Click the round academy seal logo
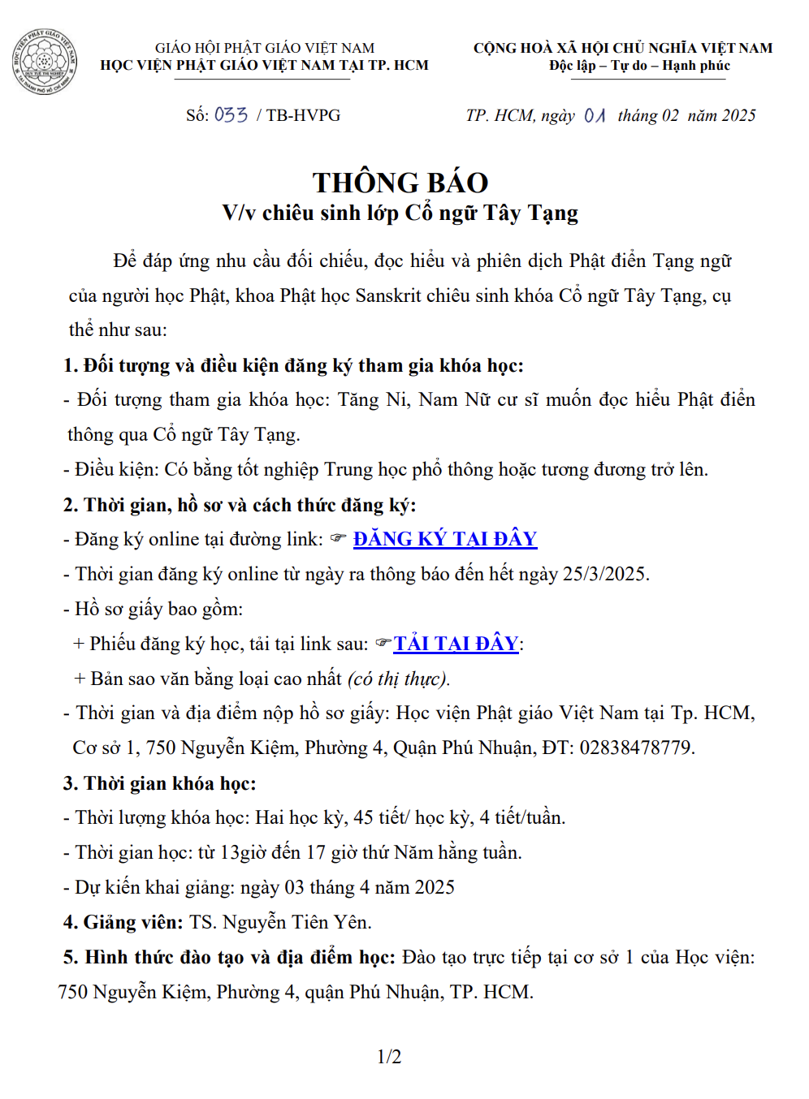point(44,61)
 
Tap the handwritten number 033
point(231,115)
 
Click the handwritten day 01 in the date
point(595,115)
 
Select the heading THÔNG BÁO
point(400,183)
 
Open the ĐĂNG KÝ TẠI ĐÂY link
point(445,539)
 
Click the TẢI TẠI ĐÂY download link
point(456,644)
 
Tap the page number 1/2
point(389,1056)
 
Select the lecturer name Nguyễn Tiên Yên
point(296,922)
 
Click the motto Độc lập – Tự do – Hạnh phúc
point(639,66)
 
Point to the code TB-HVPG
point(303,115)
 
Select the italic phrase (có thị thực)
point(399,679)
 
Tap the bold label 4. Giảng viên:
point(123,922)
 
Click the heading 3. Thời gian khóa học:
point(159,783)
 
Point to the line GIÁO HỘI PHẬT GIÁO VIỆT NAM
point(265,48)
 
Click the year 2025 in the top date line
point(738,115)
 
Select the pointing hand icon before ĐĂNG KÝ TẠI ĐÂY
point(338,538)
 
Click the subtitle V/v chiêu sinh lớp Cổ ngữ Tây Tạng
point(400,213)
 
